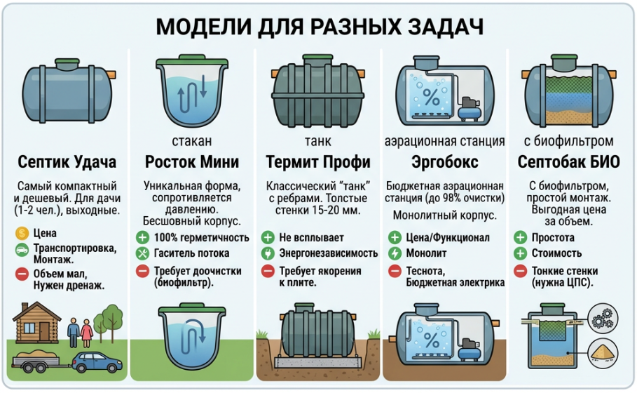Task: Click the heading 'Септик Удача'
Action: [x=67, y=162]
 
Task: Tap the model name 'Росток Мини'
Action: [x=191, y=162]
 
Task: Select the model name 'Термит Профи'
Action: [x=318, y=162]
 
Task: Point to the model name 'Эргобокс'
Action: [x=445, y=162]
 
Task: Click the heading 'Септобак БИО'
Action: [x=568, y=162]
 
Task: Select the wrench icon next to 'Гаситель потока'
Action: [x=142, y=253]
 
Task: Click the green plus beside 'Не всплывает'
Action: [x=268, y=237]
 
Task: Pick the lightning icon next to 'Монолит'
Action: [x=394, y=253]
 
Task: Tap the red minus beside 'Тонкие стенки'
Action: [x=520, y=270]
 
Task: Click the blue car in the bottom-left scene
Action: [x=92, y=361]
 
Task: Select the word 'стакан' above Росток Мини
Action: [x=191, y=142]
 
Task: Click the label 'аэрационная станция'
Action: [x=445, y=142]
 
